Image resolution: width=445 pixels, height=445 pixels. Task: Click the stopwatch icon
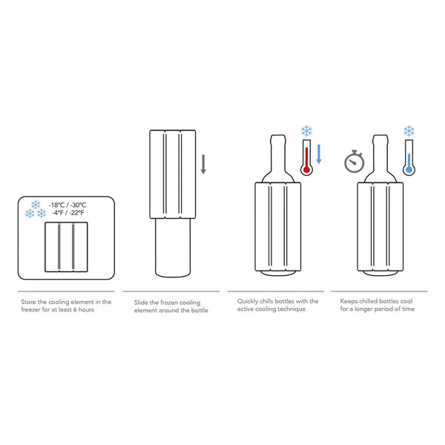click(x=354, y=161)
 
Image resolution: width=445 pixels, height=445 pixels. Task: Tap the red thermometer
click(x=306, y=157)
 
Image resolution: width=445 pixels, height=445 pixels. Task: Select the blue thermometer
click(x=409, y=157)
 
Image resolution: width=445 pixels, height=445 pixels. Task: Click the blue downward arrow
click(x=319, y=154)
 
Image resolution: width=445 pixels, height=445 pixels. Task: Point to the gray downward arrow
click(x=203, y=164)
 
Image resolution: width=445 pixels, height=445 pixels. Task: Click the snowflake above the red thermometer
click(x=306, y=131)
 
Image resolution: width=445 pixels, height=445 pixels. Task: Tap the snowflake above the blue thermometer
click(x=409, y=131)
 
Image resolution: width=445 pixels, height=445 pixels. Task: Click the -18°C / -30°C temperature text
click(x=67, y=205)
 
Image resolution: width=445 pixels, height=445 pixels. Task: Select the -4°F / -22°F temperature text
click(x=68, y=213)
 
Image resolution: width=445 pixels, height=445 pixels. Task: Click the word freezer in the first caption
click(x=30, y=309)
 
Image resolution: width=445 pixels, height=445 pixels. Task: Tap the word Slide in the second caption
click(x=141, y=303)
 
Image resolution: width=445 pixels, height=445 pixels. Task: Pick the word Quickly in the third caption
click(x=248, y=301)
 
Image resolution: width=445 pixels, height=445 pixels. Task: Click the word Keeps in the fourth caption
click(x=349, y=301)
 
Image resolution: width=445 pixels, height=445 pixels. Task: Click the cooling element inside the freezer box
click(x=66, y=247)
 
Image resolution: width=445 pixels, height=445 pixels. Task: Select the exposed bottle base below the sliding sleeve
click(x=173, y=248)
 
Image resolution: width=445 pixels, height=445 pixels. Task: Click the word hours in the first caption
click(x=86, y=309)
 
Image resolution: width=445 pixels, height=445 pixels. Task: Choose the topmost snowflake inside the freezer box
click(x=36, y=205)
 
